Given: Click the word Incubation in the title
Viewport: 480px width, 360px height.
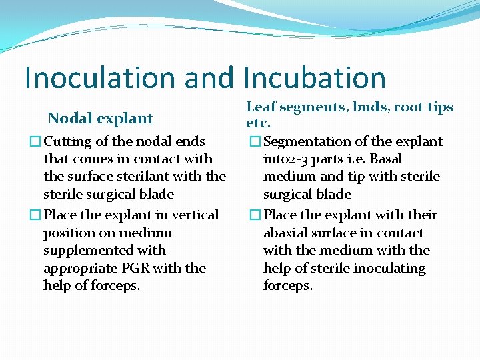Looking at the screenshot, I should pos(315,77).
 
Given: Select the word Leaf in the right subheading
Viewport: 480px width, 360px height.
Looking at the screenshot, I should pos(260,107).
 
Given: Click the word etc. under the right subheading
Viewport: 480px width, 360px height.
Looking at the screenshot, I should pos(258,123).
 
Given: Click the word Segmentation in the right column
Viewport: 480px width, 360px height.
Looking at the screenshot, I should pos(305,141).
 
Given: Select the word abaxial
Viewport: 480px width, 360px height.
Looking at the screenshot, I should pos(287,233).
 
